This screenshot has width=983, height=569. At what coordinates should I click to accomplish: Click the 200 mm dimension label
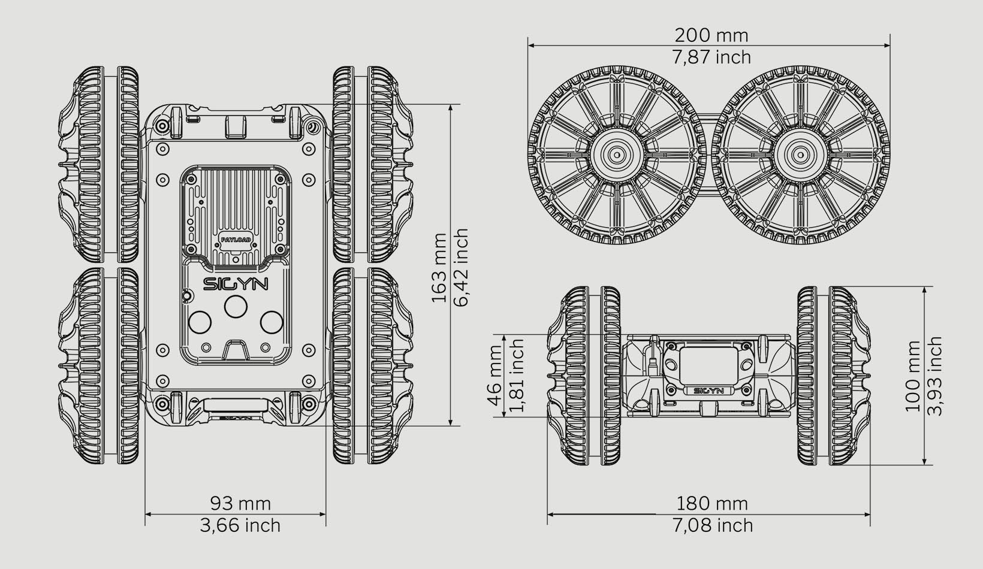711,35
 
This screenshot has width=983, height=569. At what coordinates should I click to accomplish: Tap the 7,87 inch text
711,57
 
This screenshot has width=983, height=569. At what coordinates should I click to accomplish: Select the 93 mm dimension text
240,503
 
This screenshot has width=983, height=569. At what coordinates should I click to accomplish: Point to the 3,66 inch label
240,525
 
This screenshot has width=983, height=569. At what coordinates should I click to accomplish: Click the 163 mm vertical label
439,268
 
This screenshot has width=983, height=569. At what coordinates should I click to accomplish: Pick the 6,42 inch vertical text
461,268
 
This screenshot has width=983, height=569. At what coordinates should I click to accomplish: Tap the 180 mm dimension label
711,503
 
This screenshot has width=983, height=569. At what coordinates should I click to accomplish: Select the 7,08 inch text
711,525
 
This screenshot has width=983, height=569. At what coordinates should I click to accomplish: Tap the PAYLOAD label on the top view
236,239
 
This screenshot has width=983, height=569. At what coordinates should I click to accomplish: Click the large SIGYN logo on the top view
236,283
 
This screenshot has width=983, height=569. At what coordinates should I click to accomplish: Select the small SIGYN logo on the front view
708,391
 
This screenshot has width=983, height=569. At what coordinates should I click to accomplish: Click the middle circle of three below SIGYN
236,307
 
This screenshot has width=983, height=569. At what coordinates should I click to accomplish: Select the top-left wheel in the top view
99,164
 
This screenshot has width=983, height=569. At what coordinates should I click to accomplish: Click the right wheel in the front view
833,376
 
